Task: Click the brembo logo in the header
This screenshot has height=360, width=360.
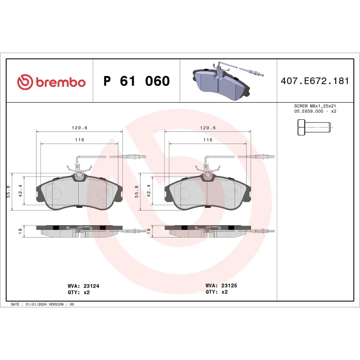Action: pos(51,81)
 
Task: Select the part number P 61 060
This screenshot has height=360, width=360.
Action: pos(136,81)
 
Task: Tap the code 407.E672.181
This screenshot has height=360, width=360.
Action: pos(315,81)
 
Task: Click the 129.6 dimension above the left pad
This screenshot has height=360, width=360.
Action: pos(80,128)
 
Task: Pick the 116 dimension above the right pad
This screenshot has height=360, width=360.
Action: pos(207,140)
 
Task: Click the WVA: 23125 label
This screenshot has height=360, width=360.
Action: pos(220,285)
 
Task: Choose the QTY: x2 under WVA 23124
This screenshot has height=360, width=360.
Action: pos(78,292)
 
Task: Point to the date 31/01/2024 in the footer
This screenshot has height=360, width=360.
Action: pos(40,305)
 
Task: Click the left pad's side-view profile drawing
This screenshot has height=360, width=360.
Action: pos(79,230)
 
